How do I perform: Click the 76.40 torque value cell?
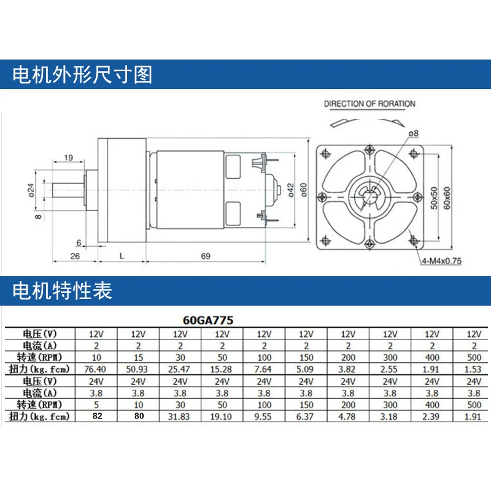[95, 369]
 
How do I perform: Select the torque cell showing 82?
[97, 416]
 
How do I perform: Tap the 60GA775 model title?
[208, 320]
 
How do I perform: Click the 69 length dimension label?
[206, 256]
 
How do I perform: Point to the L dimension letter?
[122, 256]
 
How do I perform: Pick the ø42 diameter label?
[290, 190]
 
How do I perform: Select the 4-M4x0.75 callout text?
[441, 261]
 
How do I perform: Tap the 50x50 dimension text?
[434, 198]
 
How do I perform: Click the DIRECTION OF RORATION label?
[369, 104]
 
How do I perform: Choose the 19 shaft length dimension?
[68, 158]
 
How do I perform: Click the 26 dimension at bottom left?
[75, 256]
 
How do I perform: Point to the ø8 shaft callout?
[413, 133]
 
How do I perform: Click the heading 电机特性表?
[62, 290]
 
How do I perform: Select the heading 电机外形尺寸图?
[82, 74]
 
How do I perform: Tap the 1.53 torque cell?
[473, 369]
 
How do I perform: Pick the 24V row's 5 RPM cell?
[96, 405]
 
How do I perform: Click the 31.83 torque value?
[179, 417]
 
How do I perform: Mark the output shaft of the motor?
[68, 190]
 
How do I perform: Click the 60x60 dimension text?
[447, 198]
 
